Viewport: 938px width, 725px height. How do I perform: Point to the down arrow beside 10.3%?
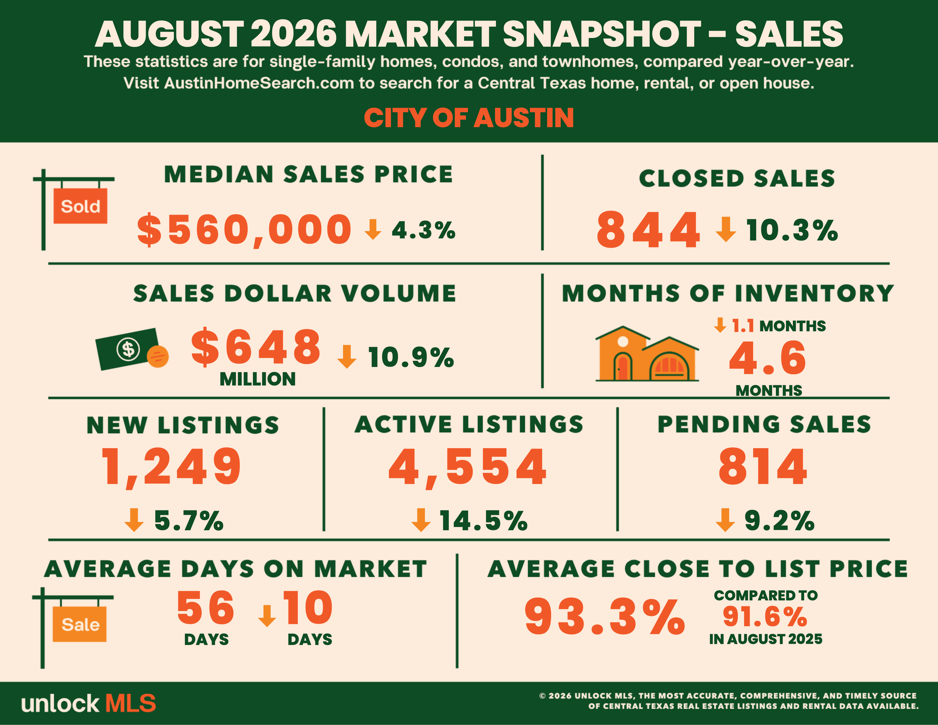(726, 229)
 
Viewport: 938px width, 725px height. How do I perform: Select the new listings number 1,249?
(171, 467)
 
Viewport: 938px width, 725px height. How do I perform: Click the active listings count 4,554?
(467, 467)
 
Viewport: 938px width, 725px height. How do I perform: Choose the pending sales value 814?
(763, 466)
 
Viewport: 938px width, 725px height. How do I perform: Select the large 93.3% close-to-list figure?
(605, 617)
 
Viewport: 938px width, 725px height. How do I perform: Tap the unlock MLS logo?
(88, 703)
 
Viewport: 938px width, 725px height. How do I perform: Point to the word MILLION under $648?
(258, 379)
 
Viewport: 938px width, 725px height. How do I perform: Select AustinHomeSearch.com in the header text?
(259, 83)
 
